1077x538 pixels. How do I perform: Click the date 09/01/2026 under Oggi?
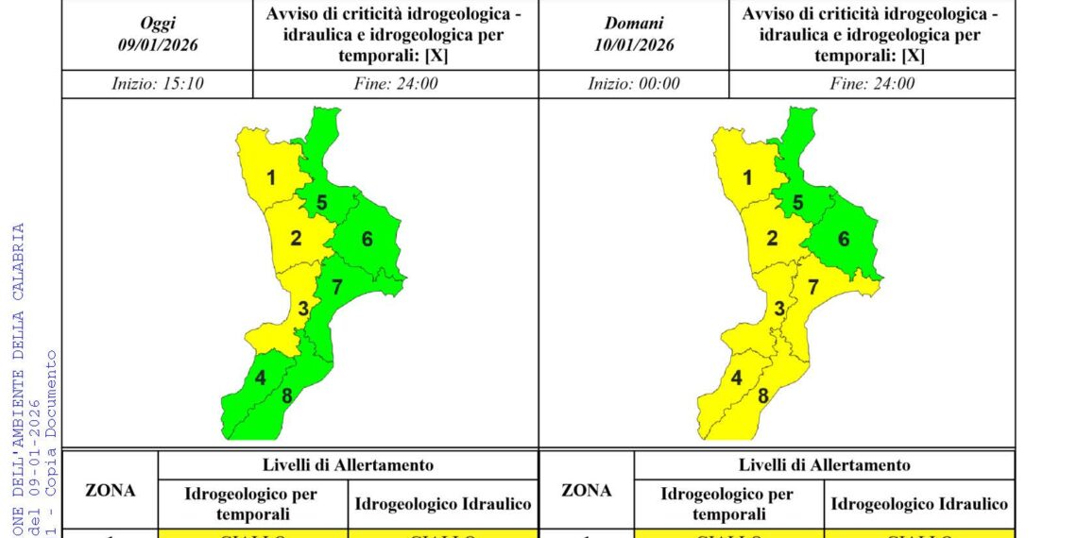pos(158,44)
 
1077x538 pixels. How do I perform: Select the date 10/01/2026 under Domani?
pos(634,44)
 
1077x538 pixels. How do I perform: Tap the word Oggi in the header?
pos(158,24)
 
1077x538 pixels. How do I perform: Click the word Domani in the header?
pos(634,24)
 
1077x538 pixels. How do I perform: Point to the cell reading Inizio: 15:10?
pos(158,83)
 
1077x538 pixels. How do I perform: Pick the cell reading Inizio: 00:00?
pos(634,83)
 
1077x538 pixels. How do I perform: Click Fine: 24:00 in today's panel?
pos(396,83)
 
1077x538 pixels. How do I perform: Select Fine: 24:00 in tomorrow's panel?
pos(872,83)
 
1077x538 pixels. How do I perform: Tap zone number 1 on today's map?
pos(271,177)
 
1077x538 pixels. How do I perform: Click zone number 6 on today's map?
pos(367,239)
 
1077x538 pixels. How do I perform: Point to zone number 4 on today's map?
pos(260,379)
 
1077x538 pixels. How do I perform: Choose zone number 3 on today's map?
pos(303,308)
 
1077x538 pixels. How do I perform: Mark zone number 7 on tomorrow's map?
pos(812,287)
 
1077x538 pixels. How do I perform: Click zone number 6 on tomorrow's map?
pos(844,239)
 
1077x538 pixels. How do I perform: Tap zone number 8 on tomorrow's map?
pos(763,395)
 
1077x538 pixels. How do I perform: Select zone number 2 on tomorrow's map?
pos(772,238)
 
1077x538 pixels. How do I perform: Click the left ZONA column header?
pos(111,490)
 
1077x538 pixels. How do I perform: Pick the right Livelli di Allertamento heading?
pos(824,464)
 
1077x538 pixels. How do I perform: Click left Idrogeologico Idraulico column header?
pos(442,504)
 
